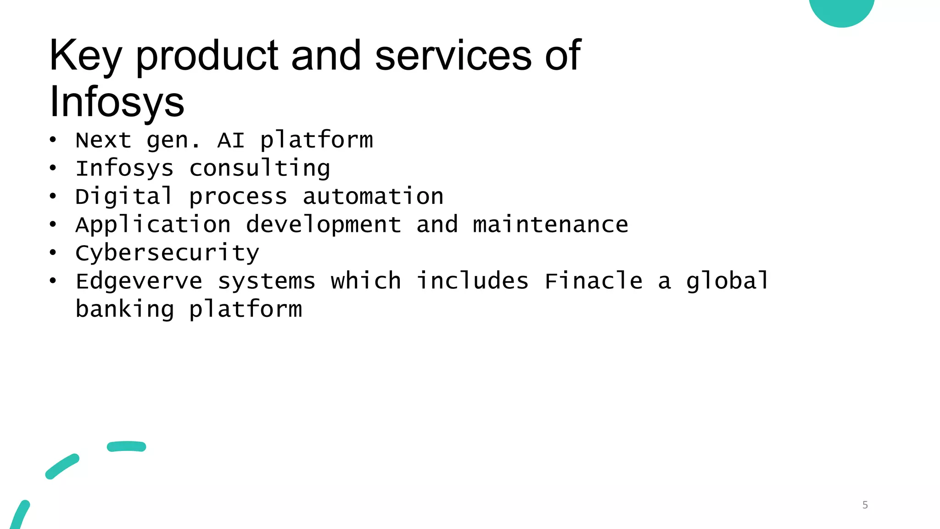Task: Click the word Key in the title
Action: (x=85, y=56)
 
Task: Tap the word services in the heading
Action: (x=453, y=56)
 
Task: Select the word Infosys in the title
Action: (x=117, y=102)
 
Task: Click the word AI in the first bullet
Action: (x=230, y=140)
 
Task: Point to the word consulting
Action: (x=259, y=169)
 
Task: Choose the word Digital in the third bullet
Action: (x=124, y=197)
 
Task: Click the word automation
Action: (x=373, y=197)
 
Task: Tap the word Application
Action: (x=153, y=225)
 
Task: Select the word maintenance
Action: (x=550, y=225)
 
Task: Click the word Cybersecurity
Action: (x=167, y=253)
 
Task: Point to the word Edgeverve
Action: (x=139, y=281)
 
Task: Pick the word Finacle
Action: (x=593, y=281)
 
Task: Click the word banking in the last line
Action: (x=124, y=309)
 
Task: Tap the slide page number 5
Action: (x=865, y=505)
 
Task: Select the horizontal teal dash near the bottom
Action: (x=126, y=446)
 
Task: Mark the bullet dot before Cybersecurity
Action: (x=53, y=253)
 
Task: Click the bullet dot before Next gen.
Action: (x=53, y=140)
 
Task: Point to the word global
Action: (x=727, y=281)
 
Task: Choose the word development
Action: (x=323, y=225)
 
